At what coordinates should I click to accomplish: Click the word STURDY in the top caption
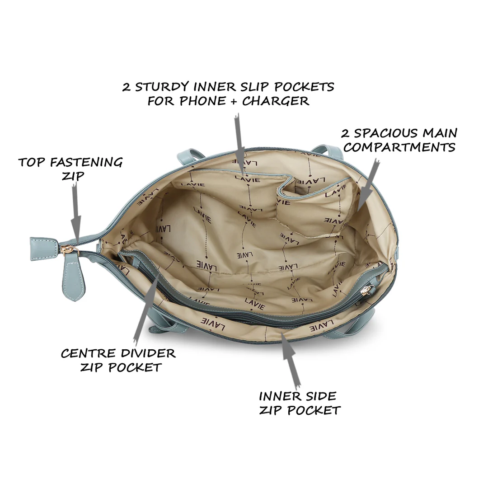[x=163, y=87]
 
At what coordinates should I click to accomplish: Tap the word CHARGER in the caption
[x=276, y=101]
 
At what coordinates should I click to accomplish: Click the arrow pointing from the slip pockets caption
[x=239, y=145]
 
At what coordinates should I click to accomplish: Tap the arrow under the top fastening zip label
[x=75, y=208]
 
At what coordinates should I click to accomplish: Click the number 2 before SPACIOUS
[x=345, y=134]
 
